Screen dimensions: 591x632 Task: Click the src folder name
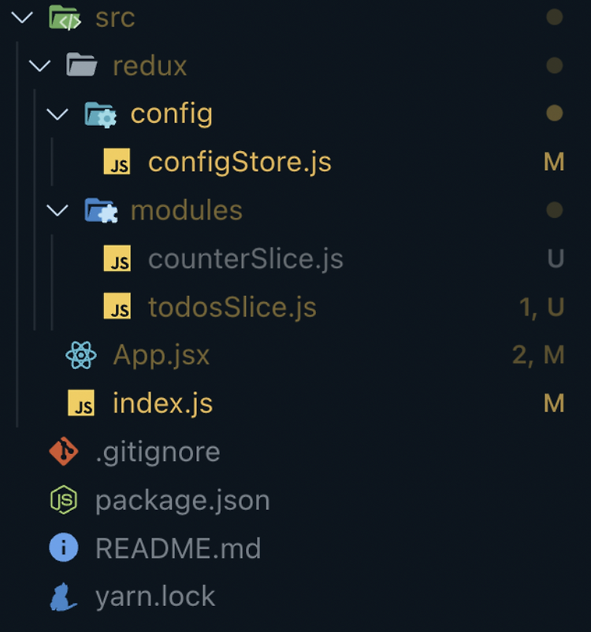[x=115, y=17]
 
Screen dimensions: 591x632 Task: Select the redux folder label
[x=150, y=66]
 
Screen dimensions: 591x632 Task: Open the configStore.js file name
[x=240, y=162]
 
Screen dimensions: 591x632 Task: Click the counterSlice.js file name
[x=245, y=259]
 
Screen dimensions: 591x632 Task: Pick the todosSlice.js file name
[x=232, y=308]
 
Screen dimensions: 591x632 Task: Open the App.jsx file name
[x=162, y=355]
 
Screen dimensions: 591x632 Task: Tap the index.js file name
[x=162, y=404]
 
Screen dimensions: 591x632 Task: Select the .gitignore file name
[x=158, y=452]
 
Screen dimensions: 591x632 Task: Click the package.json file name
[x=182, y=501]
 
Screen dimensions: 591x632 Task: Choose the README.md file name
[x=177, y=549]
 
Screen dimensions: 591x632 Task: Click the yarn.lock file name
[x=154, y=597]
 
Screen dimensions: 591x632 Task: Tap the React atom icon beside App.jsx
[x=81, y=356]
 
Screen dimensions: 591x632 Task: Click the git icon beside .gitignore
[x=64, y=452]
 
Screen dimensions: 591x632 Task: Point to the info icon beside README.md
[x=64, y=548]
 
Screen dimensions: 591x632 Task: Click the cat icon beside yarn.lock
[x=64, y=597]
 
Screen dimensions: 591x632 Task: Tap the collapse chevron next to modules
[x=57, y=210]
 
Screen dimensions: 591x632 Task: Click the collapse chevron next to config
[x=57, y=114]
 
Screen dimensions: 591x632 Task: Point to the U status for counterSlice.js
[x=556, y=259]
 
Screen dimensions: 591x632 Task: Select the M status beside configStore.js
[x=554, y=162]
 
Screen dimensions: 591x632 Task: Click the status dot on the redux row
[x=554, y=65]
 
